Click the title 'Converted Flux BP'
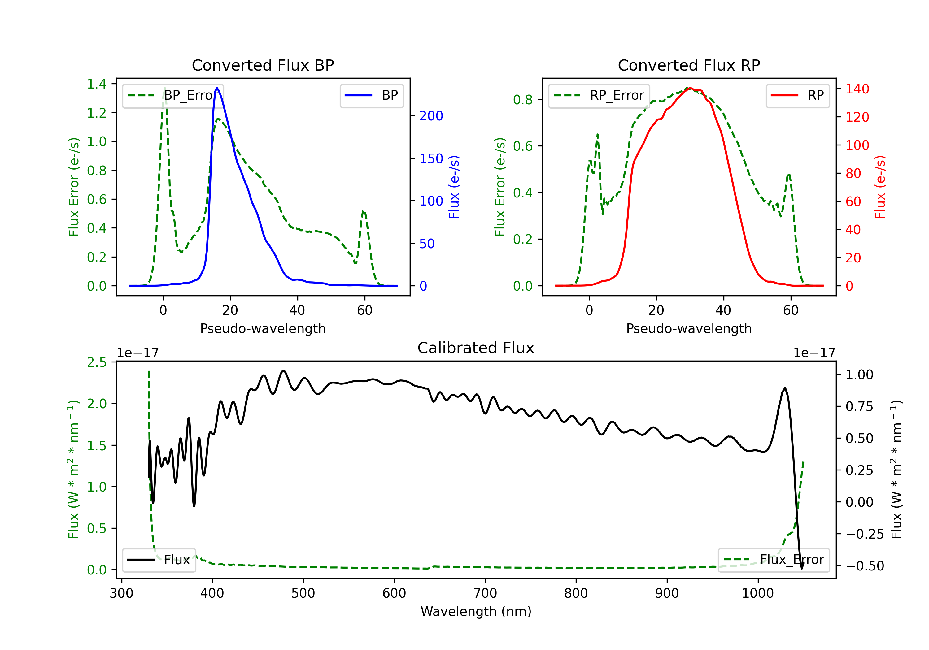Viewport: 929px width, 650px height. [263, 65]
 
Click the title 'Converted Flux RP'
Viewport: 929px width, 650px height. [689, 65]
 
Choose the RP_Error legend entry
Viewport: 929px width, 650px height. [599, 95]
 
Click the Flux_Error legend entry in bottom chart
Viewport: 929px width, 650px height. [773, 560]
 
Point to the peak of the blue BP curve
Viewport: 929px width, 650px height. [217, 88]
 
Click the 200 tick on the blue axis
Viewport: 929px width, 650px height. [431, 116]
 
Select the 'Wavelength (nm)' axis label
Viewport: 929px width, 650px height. [476, 611]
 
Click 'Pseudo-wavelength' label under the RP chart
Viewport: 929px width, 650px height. [689, 328]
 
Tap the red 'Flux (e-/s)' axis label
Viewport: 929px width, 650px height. [880, 187]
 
